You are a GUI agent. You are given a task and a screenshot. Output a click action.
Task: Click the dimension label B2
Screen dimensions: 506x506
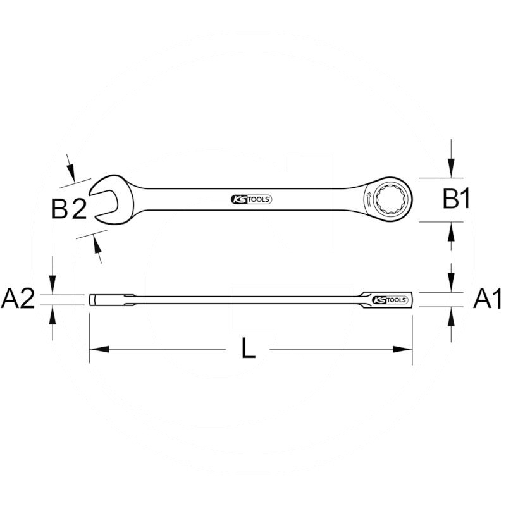(68, 209)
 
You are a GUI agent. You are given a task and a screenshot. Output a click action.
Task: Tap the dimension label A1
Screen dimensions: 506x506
(488, 299)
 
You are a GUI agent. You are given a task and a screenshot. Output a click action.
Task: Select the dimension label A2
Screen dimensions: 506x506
(18, 299)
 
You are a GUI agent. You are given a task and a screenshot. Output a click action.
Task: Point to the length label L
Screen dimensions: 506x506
(249, 349)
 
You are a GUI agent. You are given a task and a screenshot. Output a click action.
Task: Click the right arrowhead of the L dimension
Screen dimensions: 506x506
(404, 349)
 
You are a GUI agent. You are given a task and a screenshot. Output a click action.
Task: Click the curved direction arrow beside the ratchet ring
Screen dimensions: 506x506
(367, 197)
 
